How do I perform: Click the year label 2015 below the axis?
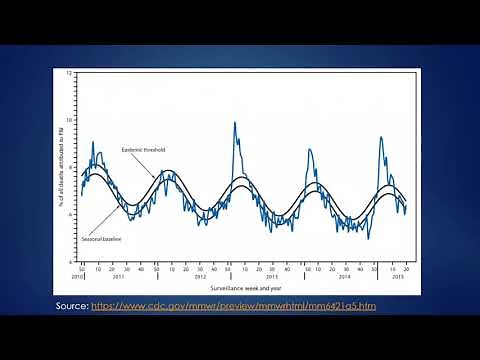(397, 277)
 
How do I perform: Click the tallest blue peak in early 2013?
(235, 123)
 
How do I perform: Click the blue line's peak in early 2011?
(93, 142)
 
